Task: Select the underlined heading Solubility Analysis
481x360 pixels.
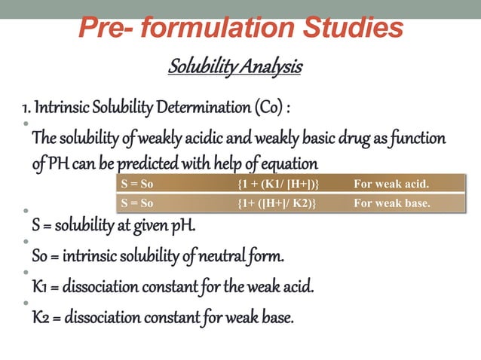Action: [x=234, y=68]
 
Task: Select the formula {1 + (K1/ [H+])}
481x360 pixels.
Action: [x=278, y=183]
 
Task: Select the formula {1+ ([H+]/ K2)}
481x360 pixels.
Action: [x=277, y=203]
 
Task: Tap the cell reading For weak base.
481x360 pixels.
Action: [x=392, y=203]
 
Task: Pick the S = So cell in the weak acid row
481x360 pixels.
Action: [x=136, y=183]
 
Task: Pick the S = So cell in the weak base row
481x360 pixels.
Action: [x=136, y=203]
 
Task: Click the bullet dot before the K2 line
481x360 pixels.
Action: [x=25, y=304]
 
